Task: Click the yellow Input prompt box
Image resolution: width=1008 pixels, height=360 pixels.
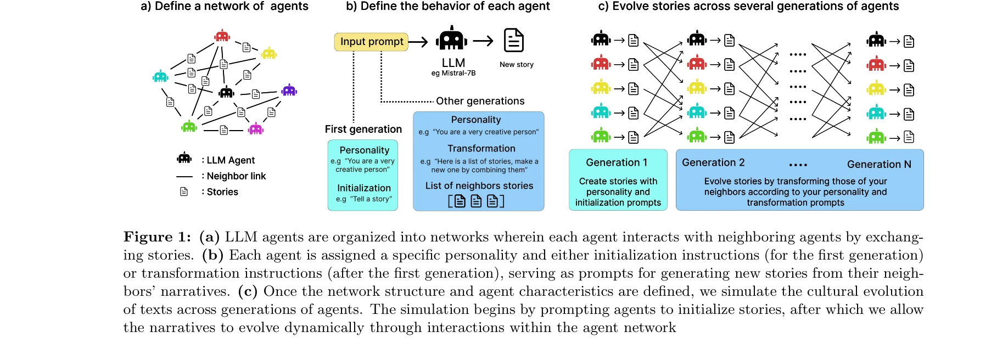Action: pos(371,42)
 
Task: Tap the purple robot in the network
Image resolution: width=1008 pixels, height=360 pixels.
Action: pos(289,91)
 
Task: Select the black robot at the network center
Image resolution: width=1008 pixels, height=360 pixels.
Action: pos(226,92)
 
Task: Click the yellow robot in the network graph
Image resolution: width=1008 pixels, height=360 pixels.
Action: pos(269,53)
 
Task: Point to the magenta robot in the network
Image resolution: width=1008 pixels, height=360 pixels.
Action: pos(256,129)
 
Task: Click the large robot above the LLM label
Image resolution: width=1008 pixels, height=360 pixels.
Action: pos(451,39)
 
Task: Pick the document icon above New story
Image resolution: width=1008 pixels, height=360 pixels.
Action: pos(514,40)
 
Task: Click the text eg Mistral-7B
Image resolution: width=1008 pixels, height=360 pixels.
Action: pos(453,73)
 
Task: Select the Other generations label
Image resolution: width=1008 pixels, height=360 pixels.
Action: pos(480,101)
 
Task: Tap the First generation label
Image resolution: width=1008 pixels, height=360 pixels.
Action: pos(363,129)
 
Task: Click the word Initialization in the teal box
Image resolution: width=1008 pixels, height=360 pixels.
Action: pos(363,188)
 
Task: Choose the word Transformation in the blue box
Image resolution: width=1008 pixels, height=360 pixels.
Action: pos(481,148)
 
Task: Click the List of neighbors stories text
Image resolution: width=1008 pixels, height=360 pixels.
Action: pos(479,185)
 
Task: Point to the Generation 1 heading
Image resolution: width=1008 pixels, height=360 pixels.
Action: pos(616,162)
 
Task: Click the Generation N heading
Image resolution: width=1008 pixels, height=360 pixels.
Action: pos(878,164)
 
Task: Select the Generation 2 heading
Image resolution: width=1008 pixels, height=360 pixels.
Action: pos(713,162)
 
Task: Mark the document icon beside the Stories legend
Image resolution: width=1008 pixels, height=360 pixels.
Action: pos(184,192)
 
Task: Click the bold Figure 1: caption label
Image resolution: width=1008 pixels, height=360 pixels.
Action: pos(157,237)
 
